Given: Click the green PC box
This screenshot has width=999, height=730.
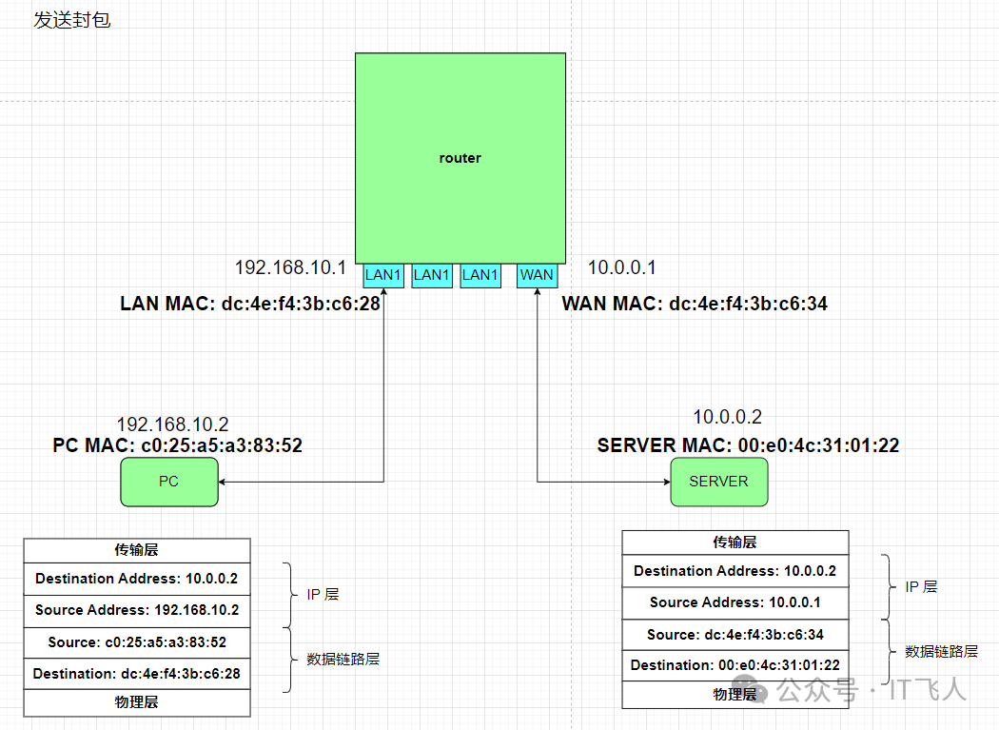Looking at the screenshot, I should point(168,482).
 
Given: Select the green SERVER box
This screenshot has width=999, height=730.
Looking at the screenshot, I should point(718,482).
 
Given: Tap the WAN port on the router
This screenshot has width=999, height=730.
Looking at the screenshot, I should point(537,275).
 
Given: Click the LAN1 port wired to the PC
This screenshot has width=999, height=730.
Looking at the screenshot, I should point(384,275).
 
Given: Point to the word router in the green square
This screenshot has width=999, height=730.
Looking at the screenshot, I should point(460,158).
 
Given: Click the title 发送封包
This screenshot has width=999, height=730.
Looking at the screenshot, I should point(72,20).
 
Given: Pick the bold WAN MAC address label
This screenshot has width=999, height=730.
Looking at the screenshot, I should point(695,304).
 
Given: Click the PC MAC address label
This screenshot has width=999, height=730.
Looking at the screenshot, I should point(177,444).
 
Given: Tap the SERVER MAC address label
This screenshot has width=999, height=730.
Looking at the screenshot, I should point(748,445).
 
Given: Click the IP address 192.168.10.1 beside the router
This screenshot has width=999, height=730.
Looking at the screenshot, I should point(290,267).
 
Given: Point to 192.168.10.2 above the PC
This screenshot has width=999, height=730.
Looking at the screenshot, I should point(172,424).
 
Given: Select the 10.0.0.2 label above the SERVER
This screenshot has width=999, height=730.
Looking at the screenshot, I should point(727,417).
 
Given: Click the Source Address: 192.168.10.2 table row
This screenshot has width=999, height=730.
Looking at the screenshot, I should point(137,610).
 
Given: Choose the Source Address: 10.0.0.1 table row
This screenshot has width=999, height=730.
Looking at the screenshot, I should point(735,602).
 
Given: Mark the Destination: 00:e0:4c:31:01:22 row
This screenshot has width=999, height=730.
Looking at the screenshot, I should point(735,665).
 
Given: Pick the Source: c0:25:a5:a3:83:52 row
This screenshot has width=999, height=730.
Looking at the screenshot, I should point(137,641).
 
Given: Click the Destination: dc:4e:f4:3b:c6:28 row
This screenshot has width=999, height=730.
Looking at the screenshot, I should point(137,674).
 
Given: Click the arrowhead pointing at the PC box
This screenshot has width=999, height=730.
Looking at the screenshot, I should point(225,482).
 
